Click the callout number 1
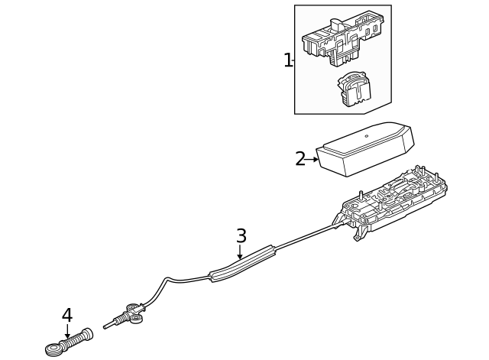(288, 60)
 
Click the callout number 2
(300, 159)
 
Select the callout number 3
(241, 236)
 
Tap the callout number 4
(67, 315)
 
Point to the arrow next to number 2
(313, 160)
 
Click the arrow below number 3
(240, 253)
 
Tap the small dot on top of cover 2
(366, 136)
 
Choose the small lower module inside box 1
(351, 90)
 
